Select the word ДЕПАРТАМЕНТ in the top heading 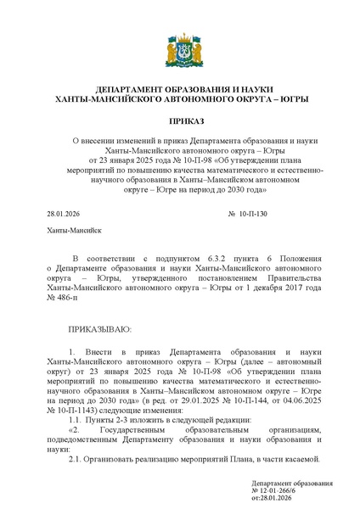(x=133, y=89)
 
